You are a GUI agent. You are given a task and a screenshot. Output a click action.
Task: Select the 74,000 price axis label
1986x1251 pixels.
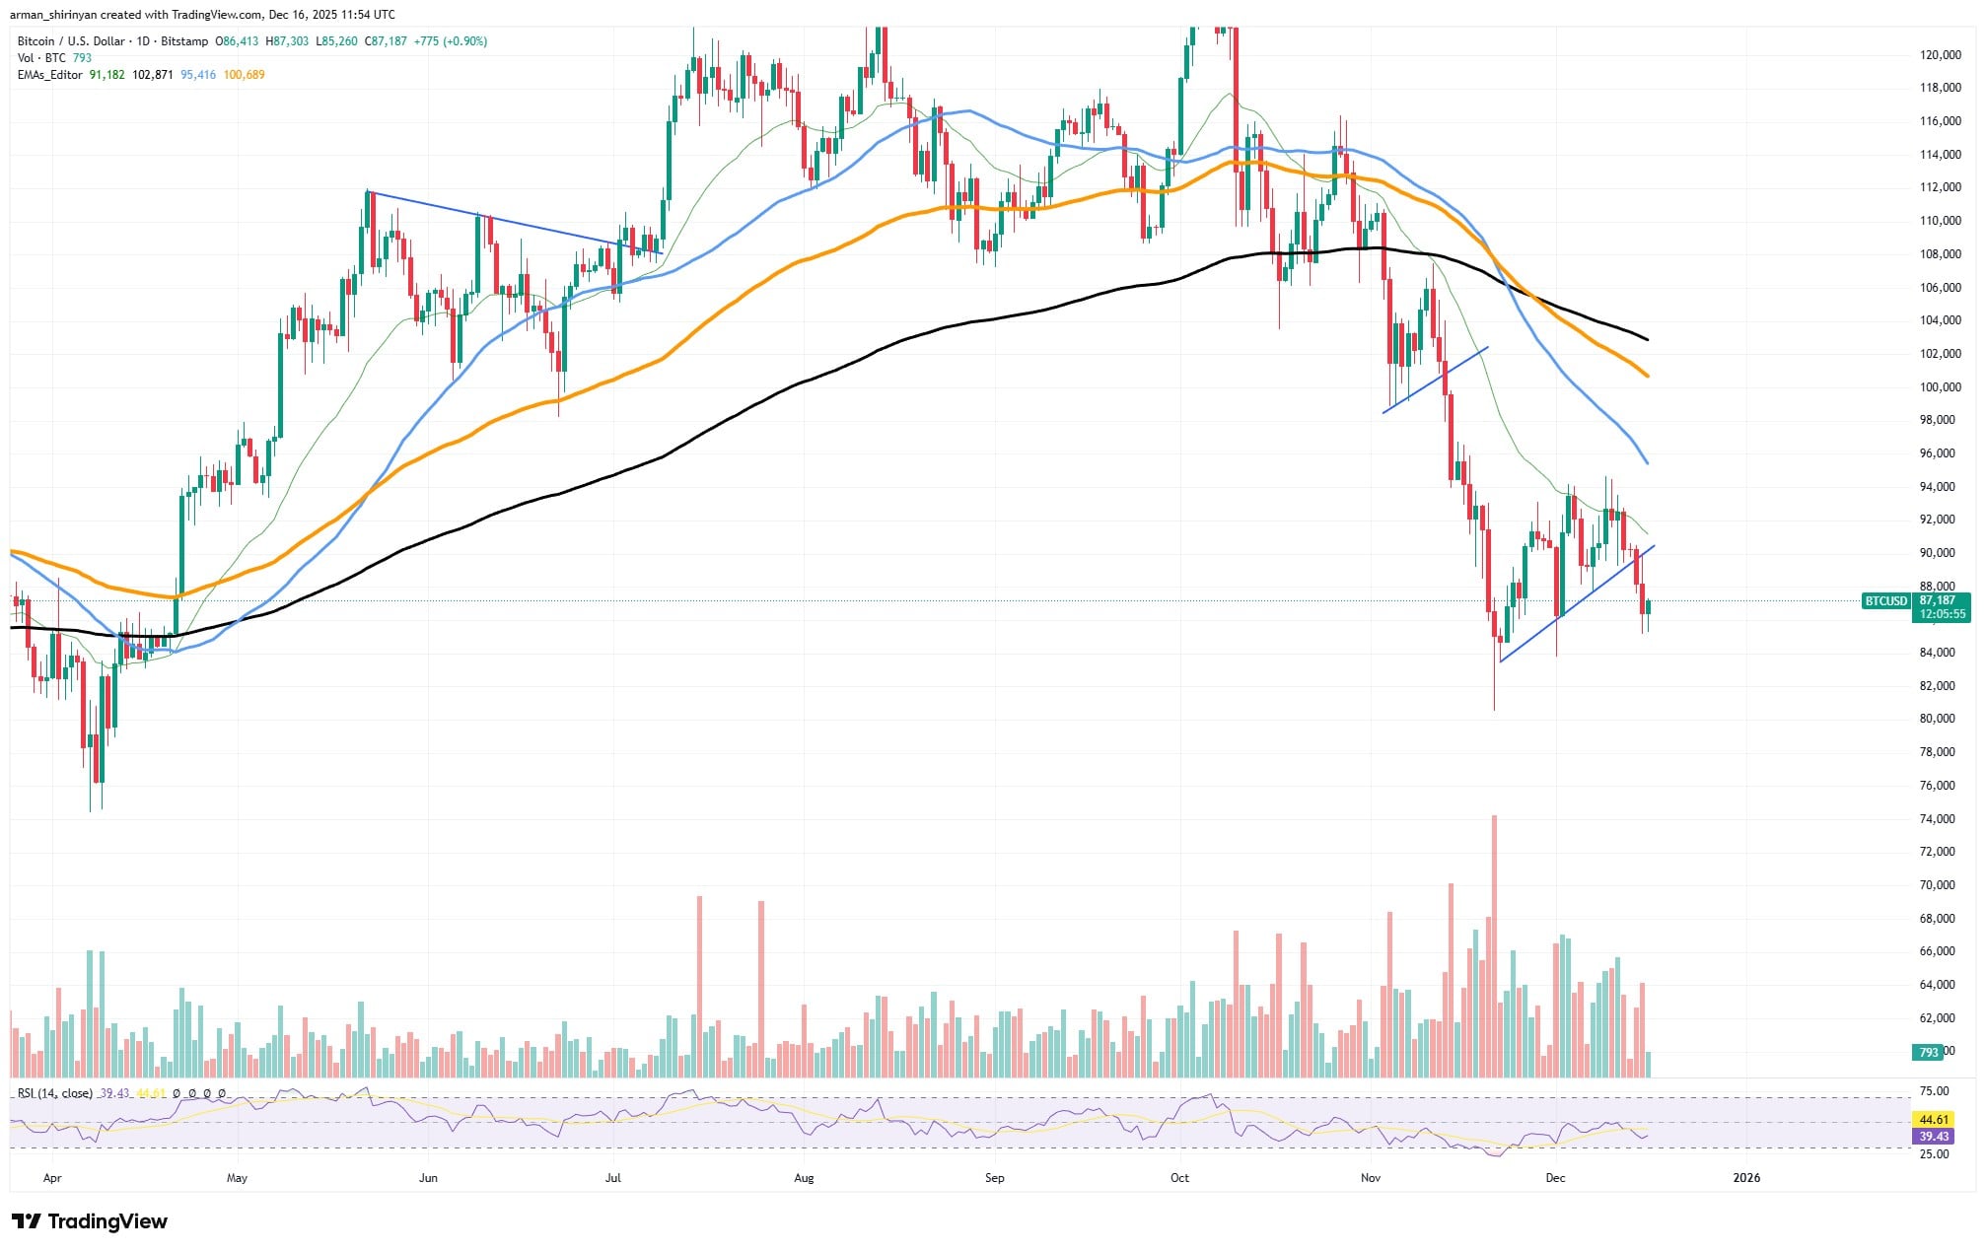click(x=1934, y=818)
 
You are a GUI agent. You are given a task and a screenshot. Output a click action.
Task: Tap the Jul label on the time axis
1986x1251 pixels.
click(x=612, y=1177)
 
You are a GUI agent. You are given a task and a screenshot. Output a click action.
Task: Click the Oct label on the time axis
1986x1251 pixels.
click(x=1179, y=1177)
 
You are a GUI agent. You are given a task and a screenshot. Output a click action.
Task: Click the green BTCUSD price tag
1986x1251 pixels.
click(x=1884, y=600)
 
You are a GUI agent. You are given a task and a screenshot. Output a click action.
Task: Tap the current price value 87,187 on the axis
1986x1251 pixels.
click(x=1937, y=600)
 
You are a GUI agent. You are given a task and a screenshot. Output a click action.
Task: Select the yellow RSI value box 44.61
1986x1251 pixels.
click(x=1933, y=1119)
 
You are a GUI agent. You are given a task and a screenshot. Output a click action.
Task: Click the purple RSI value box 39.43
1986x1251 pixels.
click(x=1933, y=1137)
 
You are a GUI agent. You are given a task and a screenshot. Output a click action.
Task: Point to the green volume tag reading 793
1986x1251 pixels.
click(x=1928, y=1052)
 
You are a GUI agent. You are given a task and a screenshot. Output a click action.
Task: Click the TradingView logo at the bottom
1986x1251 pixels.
click(x=90, y=1221)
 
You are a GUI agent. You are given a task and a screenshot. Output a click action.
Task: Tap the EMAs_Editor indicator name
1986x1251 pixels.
click(x=50, y=75)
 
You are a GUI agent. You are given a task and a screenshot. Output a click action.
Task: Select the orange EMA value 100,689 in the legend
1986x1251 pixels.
click(x=244, y=75)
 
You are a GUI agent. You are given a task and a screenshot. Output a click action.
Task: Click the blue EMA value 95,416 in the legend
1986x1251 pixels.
click(x=198, y=75)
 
